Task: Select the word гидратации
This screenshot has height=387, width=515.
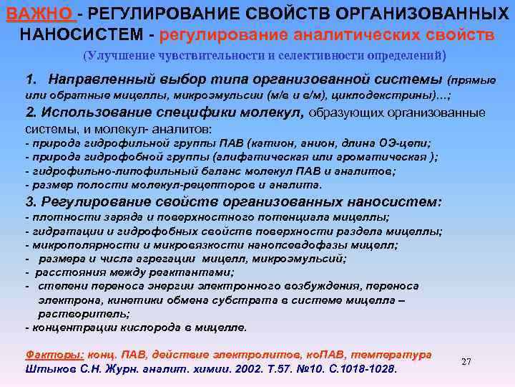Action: pyautogui.click(x=59, y=230)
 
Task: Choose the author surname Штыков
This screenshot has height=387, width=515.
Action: pyautogui.click(x=48, y=370)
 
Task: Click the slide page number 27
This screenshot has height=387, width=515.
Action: pyautogui.click(x=466, y=361)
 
